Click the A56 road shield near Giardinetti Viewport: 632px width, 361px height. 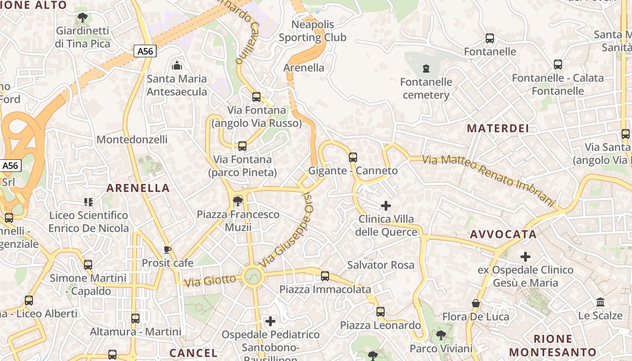tap(145, 51)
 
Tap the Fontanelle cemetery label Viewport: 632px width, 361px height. tap(426, 88)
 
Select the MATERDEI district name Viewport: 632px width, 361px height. tap(498, 128)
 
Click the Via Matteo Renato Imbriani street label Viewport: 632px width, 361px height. tap(488, 179)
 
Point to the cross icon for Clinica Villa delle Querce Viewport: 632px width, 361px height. tap(386, 206)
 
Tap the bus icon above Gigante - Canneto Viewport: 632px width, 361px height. tap(353, 157)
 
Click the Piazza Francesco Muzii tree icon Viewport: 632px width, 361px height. tap(237, 201)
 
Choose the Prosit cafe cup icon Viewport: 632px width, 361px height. tap(167, 250)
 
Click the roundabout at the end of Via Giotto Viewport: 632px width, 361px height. tap(252, 276)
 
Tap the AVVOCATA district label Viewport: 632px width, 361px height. tap(503, 234)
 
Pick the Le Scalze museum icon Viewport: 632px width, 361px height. tap(600, 302)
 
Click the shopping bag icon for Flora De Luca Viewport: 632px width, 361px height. tap(476, 303)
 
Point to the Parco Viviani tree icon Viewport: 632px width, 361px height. tap(441, 335)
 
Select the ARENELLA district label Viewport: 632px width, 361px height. tap(138, 188)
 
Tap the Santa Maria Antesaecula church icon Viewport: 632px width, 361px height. tap(177, 65)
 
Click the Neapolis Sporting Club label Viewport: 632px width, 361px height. tap(312, 31)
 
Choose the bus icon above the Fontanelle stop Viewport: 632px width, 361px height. tap(490, 38)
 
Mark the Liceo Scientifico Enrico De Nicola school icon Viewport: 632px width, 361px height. tap(88, 202)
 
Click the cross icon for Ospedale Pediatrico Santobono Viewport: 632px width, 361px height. tap(270, 321)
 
